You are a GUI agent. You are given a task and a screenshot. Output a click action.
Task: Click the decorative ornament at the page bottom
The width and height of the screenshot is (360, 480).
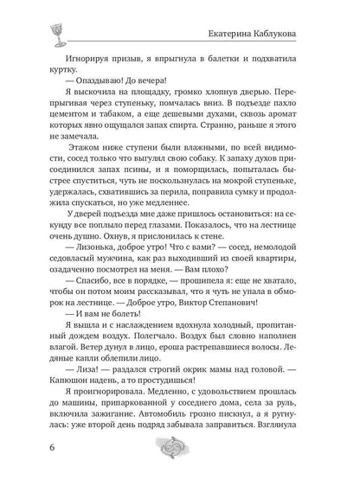point(180,452)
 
